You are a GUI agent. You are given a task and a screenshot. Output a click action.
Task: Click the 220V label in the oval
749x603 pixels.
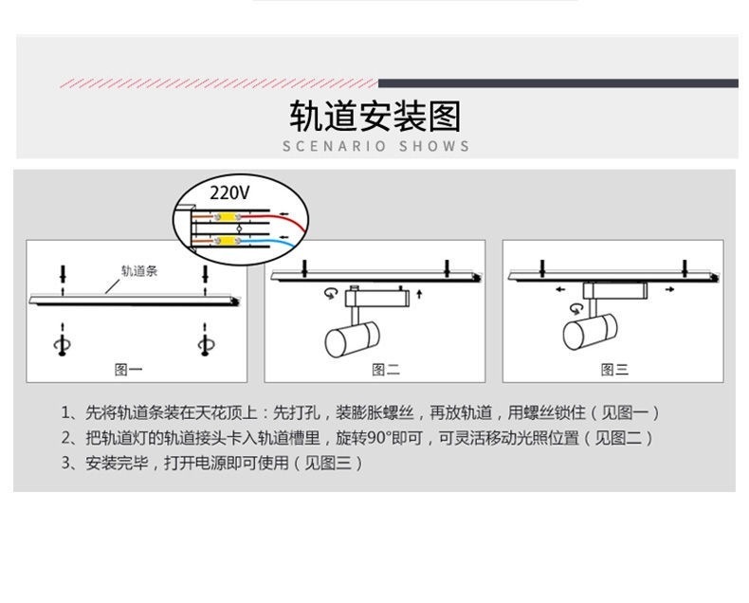coord(230,192)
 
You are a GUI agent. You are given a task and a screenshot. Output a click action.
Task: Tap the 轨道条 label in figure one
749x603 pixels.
coord(138,270)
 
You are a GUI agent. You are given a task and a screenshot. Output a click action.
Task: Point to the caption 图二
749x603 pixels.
coord(385,369)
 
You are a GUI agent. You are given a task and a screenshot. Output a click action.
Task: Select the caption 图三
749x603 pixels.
coord(615,369)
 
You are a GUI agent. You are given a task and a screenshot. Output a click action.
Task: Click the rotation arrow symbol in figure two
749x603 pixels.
coord(330,295)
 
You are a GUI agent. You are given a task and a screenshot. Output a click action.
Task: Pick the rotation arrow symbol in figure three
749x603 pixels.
coord(575,308)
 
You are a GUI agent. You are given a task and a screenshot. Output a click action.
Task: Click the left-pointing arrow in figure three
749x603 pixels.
coord(561,287)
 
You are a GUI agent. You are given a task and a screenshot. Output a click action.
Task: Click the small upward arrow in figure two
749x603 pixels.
coord(419,296)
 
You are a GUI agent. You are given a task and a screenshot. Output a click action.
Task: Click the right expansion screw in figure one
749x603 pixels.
coord(204,342)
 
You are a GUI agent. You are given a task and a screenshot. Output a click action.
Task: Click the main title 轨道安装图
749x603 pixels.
coord(374,117)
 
